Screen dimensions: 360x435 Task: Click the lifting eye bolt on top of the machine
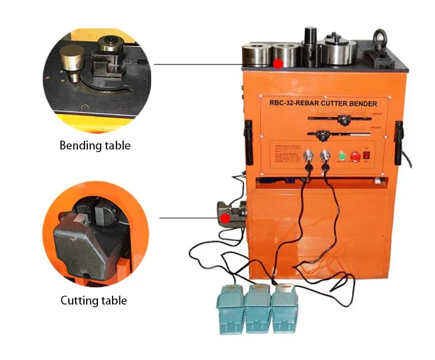[x=381, y=39]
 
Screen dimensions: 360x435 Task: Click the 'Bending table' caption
[x=95, y=146]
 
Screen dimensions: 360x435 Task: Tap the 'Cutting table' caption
[x=94, y=301]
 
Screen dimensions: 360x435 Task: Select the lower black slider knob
[x=321, y=135]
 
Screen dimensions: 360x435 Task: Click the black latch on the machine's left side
[x=247, y=134]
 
